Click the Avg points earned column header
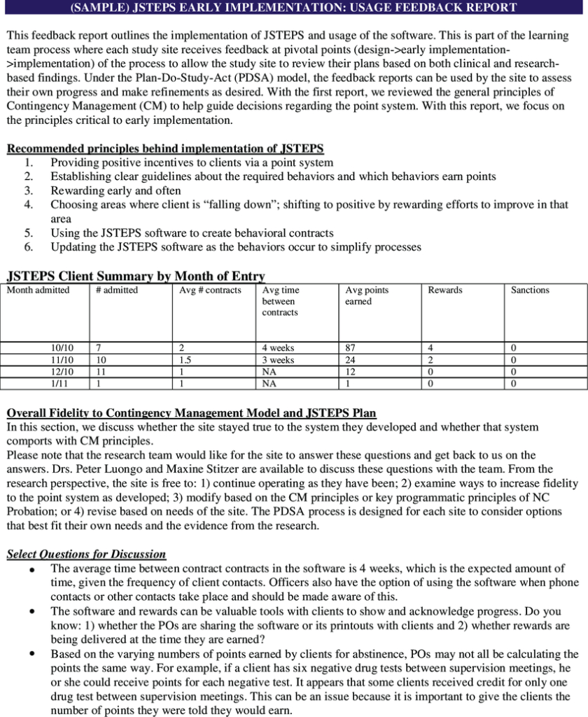point(367,295)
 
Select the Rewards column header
point(445,290)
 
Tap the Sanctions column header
point(530,290)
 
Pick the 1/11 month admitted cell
point(60,384)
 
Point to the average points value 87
point(351,348)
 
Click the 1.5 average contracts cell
point(185,360)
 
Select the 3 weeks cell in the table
point(278,360)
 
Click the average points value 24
point(351,360)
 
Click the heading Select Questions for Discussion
point(86,554)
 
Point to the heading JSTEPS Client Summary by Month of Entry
point(135,276)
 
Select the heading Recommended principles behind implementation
point(165,148)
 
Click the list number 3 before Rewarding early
point(29,190)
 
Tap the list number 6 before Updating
point(29,247)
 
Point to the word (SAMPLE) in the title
point(100,8)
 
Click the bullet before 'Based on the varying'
point(32,653)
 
